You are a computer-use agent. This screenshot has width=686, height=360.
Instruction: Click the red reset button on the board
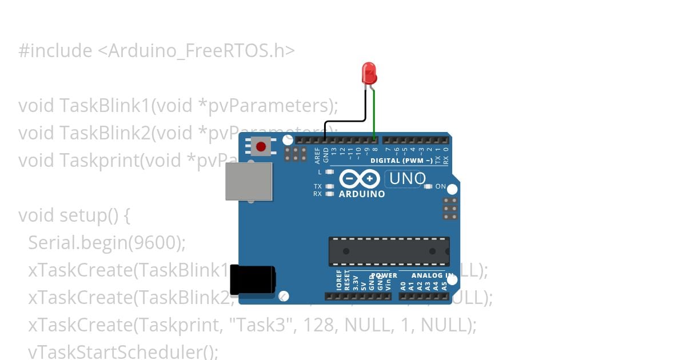click(261, 147)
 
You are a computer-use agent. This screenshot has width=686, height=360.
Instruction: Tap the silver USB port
click(248, 181)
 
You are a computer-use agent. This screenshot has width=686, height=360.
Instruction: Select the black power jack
click(252, 279)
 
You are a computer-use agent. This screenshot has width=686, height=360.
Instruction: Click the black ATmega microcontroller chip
click(389, 251)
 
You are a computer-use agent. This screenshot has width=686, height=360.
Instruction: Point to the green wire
click(374, 114)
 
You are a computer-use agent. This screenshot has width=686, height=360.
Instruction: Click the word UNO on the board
click(407, 179)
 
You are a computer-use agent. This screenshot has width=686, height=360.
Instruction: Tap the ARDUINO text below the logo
click(362, 194)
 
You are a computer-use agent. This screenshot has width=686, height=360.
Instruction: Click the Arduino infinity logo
click(359, 179)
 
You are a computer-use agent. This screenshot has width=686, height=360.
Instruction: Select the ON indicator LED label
click(441, 186)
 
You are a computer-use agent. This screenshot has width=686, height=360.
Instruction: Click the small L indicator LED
click(329, 171)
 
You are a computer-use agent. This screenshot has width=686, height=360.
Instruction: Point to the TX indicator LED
click(329, 186)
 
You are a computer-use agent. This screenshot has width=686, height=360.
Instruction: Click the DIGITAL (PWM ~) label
click(401, 161)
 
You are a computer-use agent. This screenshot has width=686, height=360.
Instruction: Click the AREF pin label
click(317, 155)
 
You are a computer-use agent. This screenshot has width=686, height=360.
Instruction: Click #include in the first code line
click(55, 51)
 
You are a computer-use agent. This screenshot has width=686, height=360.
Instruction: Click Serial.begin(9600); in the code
click(107, 243)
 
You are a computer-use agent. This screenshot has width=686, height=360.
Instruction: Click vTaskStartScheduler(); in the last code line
click(123, 351)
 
